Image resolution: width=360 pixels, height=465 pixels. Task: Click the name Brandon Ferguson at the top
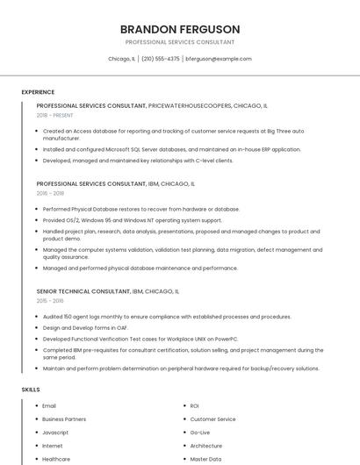pos(179,29)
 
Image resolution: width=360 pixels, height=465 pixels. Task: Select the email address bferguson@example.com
pos(219,59)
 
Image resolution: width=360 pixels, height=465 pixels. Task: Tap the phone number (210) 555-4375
pos(160,59)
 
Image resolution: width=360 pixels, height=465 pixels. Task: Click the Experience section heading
pos(38,92)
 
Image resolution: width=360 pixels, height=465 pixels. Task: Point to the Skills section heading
pos(31,389)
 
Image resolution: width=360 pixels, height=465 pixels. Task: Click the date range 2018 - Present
pos(55,115)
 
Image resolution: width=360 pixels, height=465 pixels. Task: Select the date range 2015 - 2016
pos(51,300)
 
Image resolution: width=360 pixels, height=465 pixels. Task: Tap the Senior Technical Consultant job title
pos(83,290)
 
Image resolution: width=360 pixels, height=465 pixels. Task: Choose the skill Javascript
pos(55,433)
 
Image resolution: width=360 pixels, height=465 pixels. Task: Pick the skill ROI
pos(194,406)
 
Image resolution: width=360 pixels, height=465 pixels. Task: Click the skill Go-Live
pos(200,433)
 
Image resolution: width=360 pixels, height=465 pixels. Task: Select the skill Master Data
pos(205,459)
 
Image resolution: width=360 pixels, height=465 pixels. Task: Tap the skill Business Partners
pos(64,419)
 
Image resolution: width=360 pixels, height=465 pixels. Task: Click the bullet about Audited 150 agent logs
pos(167,317)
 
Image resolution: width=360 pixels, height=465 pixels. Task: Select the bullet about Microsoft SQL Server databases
pos(171,149)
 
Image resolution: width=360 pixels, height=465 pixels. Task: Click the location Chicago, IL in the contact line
pos(121,59)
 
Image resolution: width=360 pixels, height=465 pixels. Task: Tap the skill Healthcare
pos(56,459)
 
